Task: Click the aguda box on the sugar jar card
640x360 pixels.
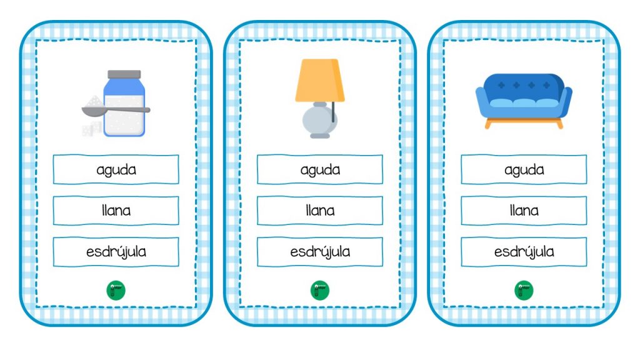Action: pos(116,169)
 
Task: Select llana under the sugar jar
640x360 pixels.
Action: pos(116,211)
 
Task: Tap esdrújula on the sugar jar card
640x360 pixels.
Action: pos(116,252)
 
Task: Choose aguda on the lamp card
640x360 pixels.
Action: pos(320,169)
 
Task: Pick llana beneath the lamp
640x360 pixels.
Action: pos(320,211)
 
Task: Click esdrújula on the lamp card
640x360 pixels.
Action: pos(320,252)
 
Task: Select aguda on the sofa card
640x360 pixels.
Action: pos(524,169)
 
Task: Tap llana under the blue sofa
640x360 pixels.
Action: pos(524,211)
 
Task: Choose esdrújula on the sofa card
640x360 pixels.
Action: pos(524,252)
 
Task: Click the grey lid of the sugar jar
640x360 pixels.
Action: pos(124,75)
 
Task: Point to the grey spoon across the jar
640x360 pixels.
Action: pos(116,111)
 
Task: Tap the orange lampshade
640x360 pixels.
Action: pos(320,81)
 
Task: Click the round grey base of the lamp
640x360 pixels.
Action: pos(319,121)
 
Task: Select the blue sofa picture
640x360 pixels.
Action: pos(524,101)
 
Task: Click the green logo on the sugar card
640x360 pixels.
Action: pos(116,290)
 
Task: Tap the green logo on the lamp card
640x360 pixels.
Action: pos(320,290)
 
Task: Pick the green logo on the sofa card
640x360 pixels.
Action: pos(524,290)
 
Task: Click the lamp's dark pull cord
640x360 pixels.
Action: pos(333,112)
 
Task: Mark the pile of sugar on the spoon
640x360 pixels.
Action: pos(94,102)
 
